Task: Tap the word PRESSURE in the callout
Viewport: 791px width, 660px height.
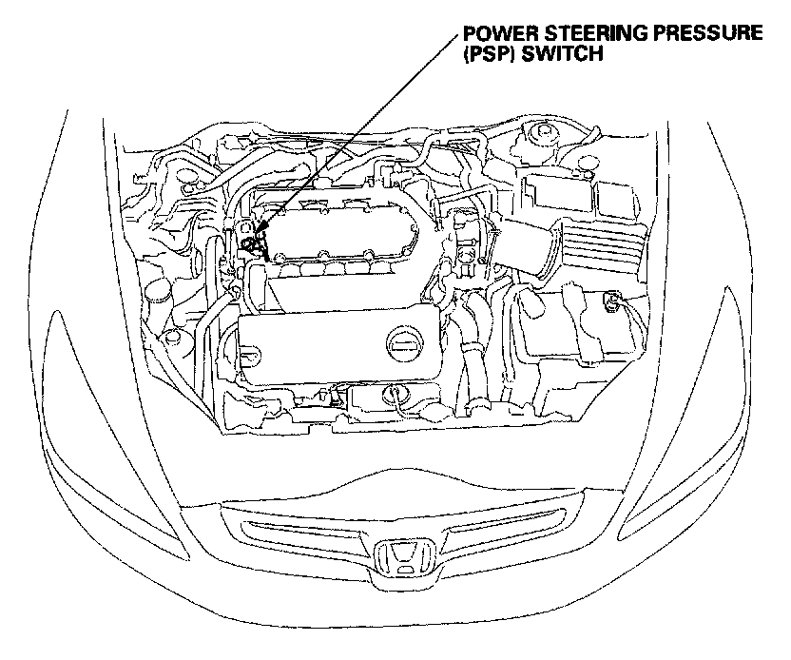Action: pyautogui.click(x=708, y=33)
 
